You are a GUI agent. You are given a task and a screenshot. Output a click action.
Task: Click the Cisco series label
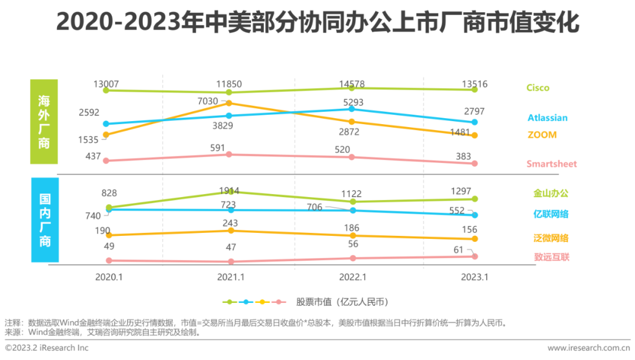pos(537,88)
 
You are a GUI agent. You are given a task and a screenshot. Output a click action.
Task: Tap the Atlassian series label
pos(547,118)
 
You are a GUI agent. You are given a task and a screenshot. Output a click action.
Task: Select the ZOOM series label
pos(541,135)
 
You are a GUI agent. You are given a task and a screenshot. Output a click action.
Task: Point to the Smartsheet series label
pos(552,164)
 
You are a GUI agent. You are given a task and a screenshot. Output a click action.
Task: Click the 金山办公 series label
pos(551,194)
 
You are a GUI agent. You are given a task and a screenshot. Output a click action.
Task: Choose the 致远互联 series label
pos(551,257)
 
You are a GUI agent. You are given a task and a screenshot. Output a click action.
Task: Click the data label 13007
pos(106,84)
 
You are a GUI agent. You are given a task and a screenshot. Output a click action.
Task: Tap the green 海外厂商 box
pos(45,122)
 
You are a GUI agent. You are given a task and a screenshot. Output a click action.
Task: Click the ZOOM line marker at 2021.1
pos(230,103)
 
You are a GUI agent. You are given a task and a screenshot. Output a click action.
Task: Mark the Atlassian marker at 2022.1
pos(352,109)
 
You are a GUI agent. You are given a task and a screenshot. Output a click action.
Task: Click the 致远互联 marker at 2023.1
pos(474,256)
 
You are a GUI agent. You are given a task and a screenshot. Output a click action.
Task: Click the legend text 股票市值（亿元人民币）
pos(343,302)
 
